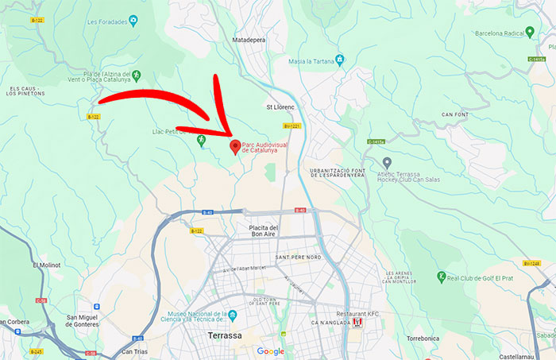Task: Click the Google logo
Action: (x=270, y=351)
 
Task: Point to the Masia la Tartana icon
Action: (x=339, y=60)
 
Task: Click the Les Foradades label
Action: (x=107, y=21)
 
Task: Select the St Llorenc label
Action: (x=280, y=106)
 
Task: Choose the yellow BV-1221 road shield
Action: (x=292, y=126)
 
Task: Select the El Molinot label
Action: (x=45, y=265)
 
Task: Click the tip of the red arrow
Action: (x=231, y=137)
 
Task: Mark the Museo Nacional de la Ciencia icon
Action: (x=233, y=315)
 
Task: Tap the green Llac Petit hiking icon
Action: (x=200, y=140)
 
